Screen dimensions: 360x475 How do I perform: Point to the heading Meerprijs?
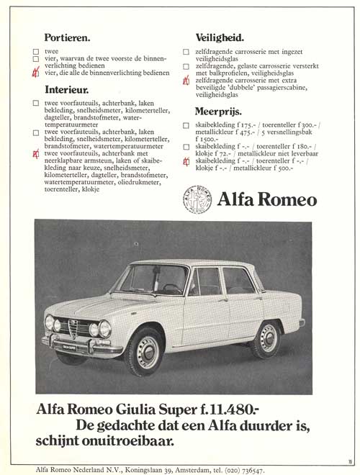coord(218,112)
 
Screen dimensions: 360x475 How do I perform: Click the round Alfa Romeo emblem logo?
coord(197,198)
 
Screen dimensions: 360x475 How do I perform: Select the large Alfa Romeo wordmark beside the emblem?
coord(266,198)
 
